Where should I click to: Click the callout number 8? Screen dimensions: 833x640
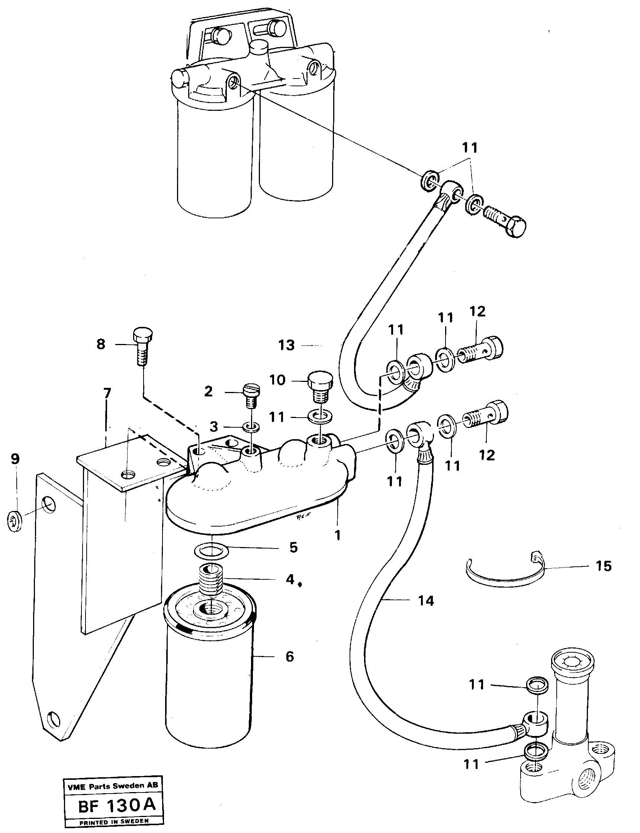point(100,345)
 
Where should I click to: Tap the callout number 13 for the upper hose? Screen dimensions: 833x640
point(286,345)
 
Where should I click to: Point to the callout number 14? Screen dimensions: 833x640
point(426,601)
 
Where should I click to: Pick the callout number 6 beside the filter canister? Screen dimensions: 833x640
point(290,657)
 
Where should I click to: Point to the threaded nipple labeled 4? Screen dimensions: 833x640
point(210,579)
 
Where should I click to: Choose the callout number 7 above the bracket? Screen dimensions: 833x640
point(107,393)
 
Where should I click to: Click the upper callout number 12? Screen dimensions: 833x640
point(478,311)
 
